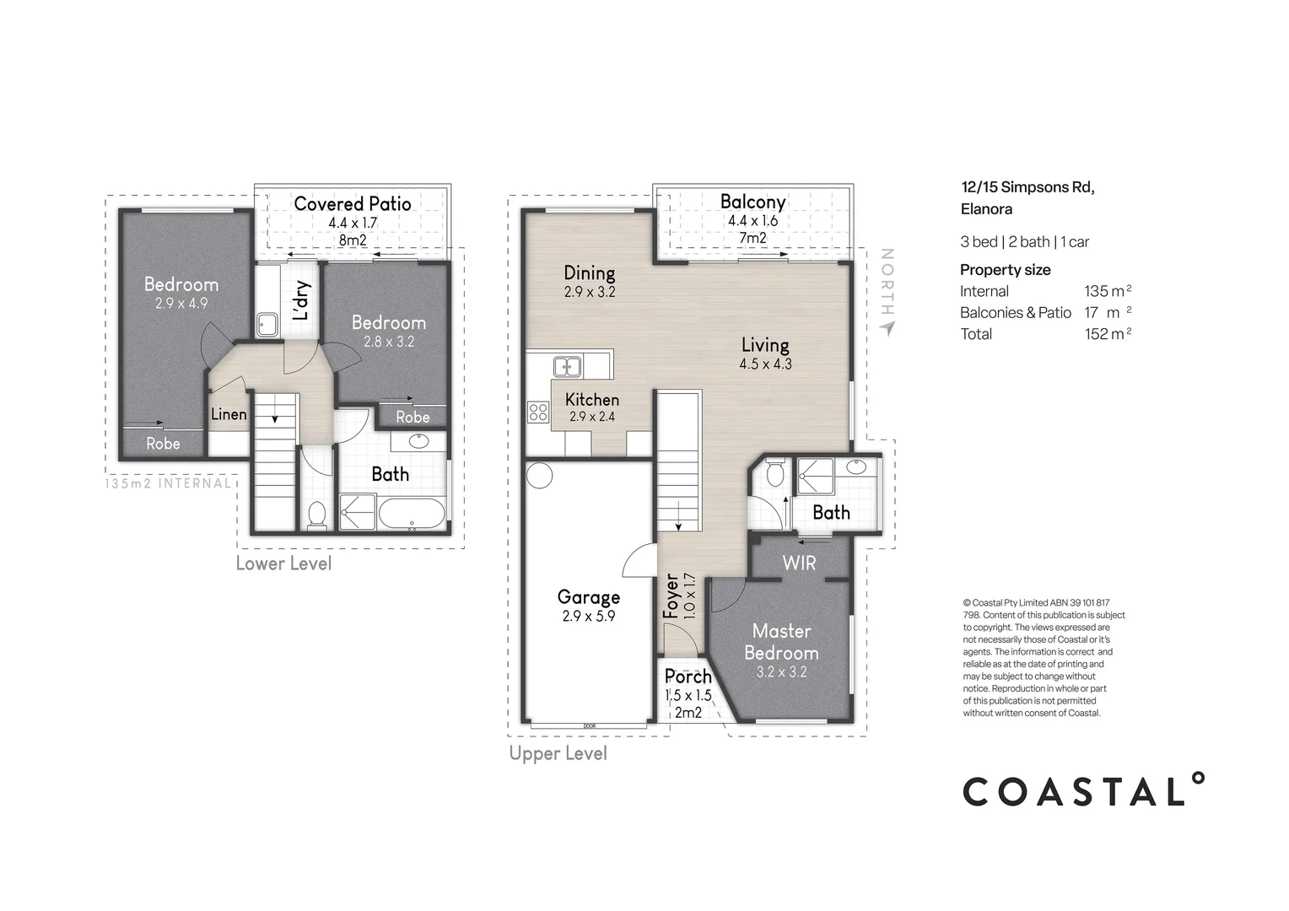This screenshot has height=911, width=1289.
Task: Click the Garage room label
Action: (x=588, y=597)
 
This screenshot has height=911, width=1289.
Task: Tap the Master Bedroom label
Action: (x=781, y=642)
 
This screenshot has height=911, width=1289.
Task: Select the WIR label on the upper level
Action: (x=799, y=563)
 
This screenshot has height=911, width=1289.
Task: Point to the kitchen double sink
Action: (x=567, y=367)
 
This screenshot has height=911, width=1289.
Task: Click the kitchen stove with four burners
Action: (x=538, y=412)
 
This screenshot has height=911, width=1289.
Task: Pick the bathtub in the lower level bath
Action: (x=412, y=514)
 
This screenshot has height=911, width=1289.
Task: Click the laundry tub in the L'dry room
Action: (x=267, y=324)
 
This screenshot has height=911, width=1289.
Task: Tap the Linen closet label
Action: (x=229, y=414)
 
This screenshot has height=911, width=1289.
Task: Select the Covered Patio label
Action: (x=353, y=203)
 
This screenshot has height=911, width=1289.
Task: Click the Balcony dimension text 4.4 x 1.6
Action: (x=752, y=221)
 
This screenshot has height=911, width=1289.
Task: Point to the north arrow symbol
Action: (x=886, y=327)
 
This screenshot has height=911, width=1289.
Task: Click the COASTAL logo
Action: (x=1084, y=790)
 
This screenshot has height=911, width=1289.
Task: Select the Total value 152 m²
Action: (x=1108, y=334)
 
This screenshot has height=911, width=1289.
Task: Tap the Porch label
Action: (x=688, y=677)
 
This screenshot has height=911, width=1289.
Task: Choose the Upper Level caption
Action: (x=558, y=753)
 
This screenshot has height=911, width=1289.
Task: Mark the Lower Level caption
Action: (x=283, y=563)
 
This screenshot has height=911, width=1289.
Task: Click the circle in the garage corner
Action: (x=539, y=475)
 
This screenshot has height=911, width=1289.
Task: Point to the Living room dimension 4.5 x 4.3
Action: (x=765, y=364)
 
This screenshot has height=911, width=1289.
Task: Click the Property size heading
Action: (x=1005, y=270)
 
